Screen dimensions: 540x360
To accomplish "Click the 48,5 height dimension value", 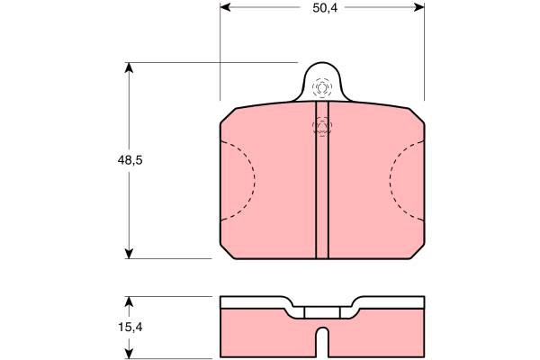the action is (130, 160).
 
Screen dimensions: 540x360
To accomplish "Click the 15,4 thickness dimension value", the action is (130, 328).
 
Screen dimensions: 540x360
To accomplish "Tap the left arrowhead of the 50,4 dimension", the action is (225, 7).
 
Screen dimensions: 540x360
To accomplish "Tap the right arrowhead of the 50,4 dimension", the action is (419, 7).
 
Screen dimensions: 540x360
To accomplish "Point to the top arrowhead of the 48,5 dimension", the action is (129, 67).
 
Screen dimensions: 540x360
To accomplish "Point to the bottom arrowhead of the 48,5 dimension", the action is (129, 254).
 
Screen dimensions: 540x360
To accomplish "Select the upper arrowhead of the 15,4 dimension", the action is (129, 301).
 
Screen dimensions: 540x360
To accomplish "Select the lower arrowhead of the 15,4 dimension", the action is (129, 353).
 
